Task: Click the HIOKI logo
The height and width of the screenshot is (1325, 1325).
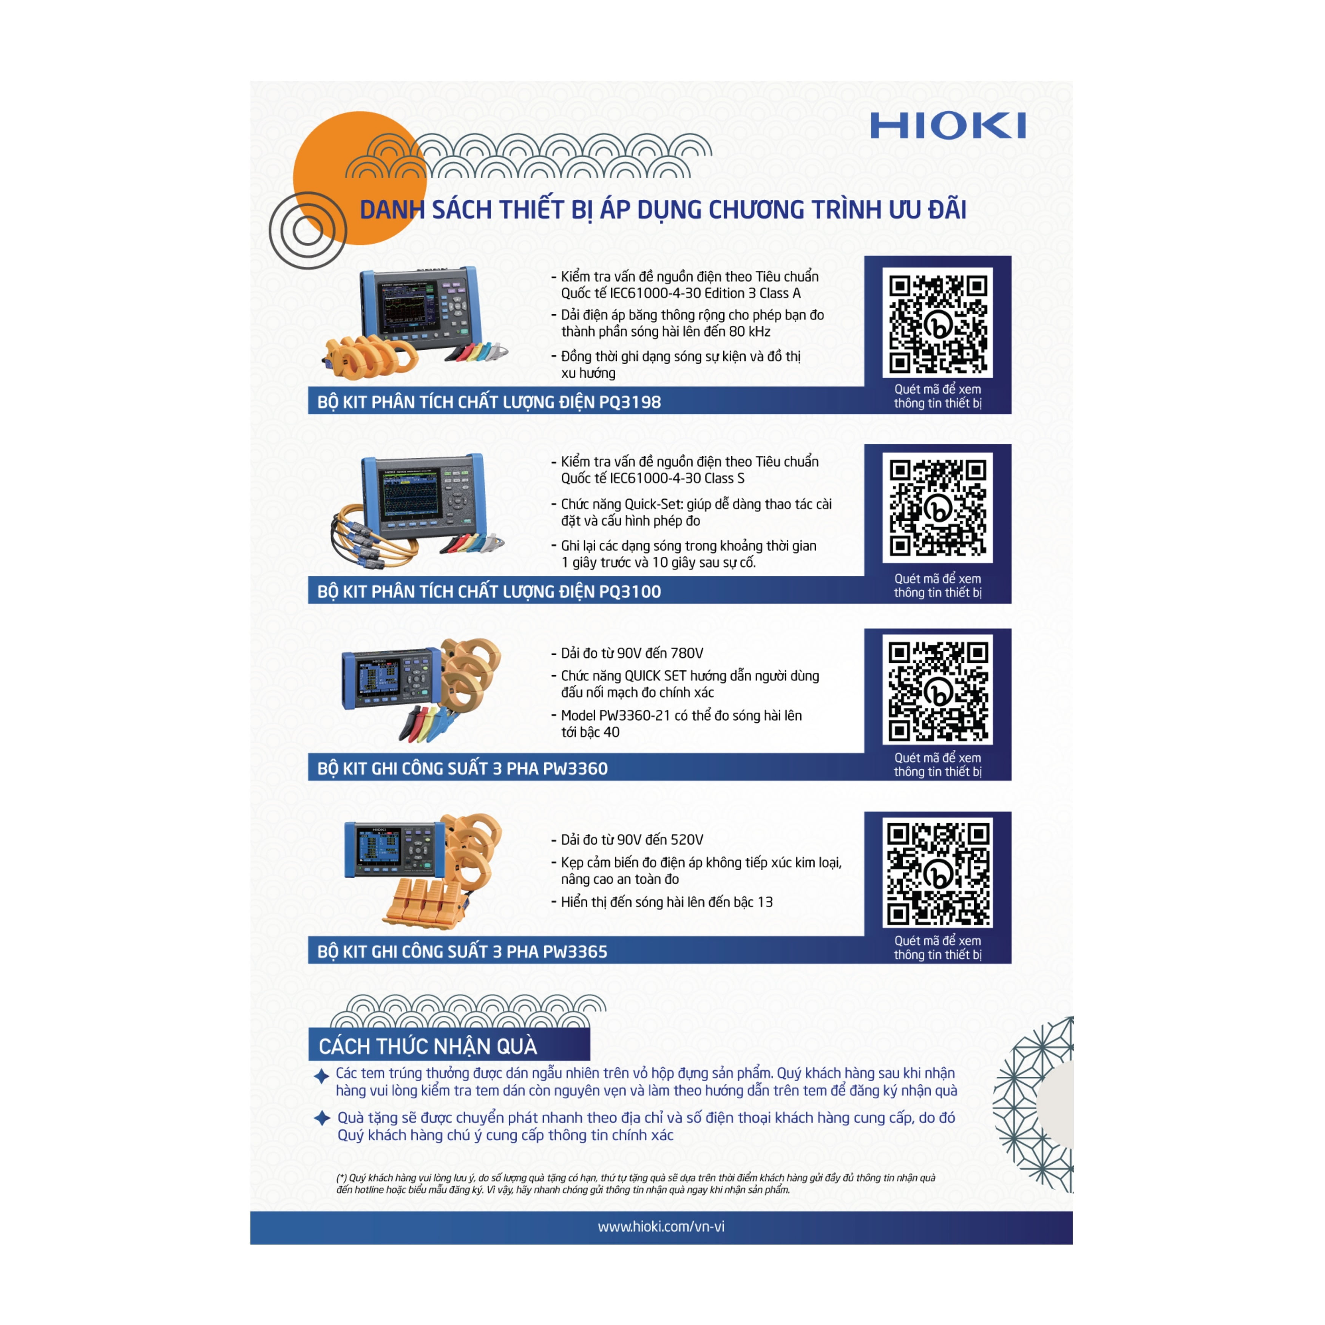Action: [948, 126]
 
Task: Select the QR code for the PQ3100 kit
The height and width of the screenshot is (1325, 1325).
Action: [937, 508]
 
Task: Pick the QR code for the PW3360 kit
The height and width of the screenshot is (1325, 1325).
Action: [937, 690]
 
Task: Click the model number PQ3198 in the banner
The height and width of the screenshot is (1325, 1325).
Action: [630, 402]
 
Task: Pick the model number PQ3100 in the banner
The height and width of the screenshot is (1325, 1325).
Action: [630, 591]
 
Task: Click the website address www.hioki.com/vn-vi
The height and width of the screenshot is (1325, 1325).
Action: [661, 1226]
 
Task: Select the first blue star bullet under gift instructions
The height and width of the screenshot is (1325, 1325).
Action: [321, 1076]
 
